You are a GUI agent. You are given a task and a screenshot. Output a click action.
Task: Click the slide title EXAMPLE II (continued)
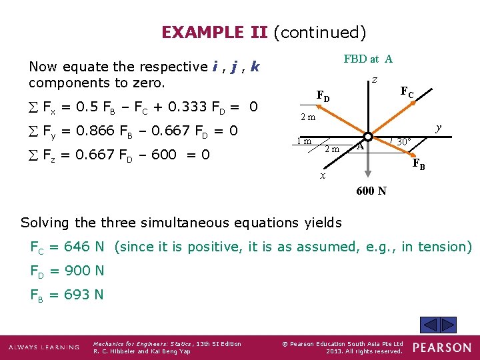[263, 32]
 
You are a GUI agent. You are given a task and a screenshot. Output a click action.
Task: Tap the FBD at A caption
[368, 59]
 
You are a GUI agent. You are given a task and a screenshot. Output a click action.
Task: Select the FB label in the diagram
[419, 164]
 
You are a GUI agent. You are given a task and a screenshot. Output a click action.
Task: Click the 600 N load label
[371, 191]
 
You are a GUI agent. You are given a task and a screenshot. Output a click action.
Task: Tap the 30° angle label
[402, 141]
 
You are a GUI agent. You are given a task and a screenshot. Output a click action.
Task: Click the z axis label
[375, 79]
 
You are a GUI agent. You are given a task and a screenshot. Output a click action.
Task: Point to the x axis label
[322, 176]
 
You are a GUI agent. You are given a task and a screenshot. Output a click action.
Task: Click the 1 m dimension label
[305, 141]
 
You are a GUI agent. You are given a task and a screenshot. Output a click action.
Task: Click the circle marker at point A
[368, 136]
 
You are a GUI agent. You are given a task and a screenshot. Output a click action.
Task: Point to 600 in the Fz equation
[145, 155]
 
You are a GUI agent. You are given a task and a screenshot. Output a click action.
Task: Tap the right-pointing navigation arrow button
[449, 325]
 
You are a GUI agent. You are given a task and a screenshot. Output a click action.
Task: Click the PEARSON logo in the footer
[441, 347]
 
